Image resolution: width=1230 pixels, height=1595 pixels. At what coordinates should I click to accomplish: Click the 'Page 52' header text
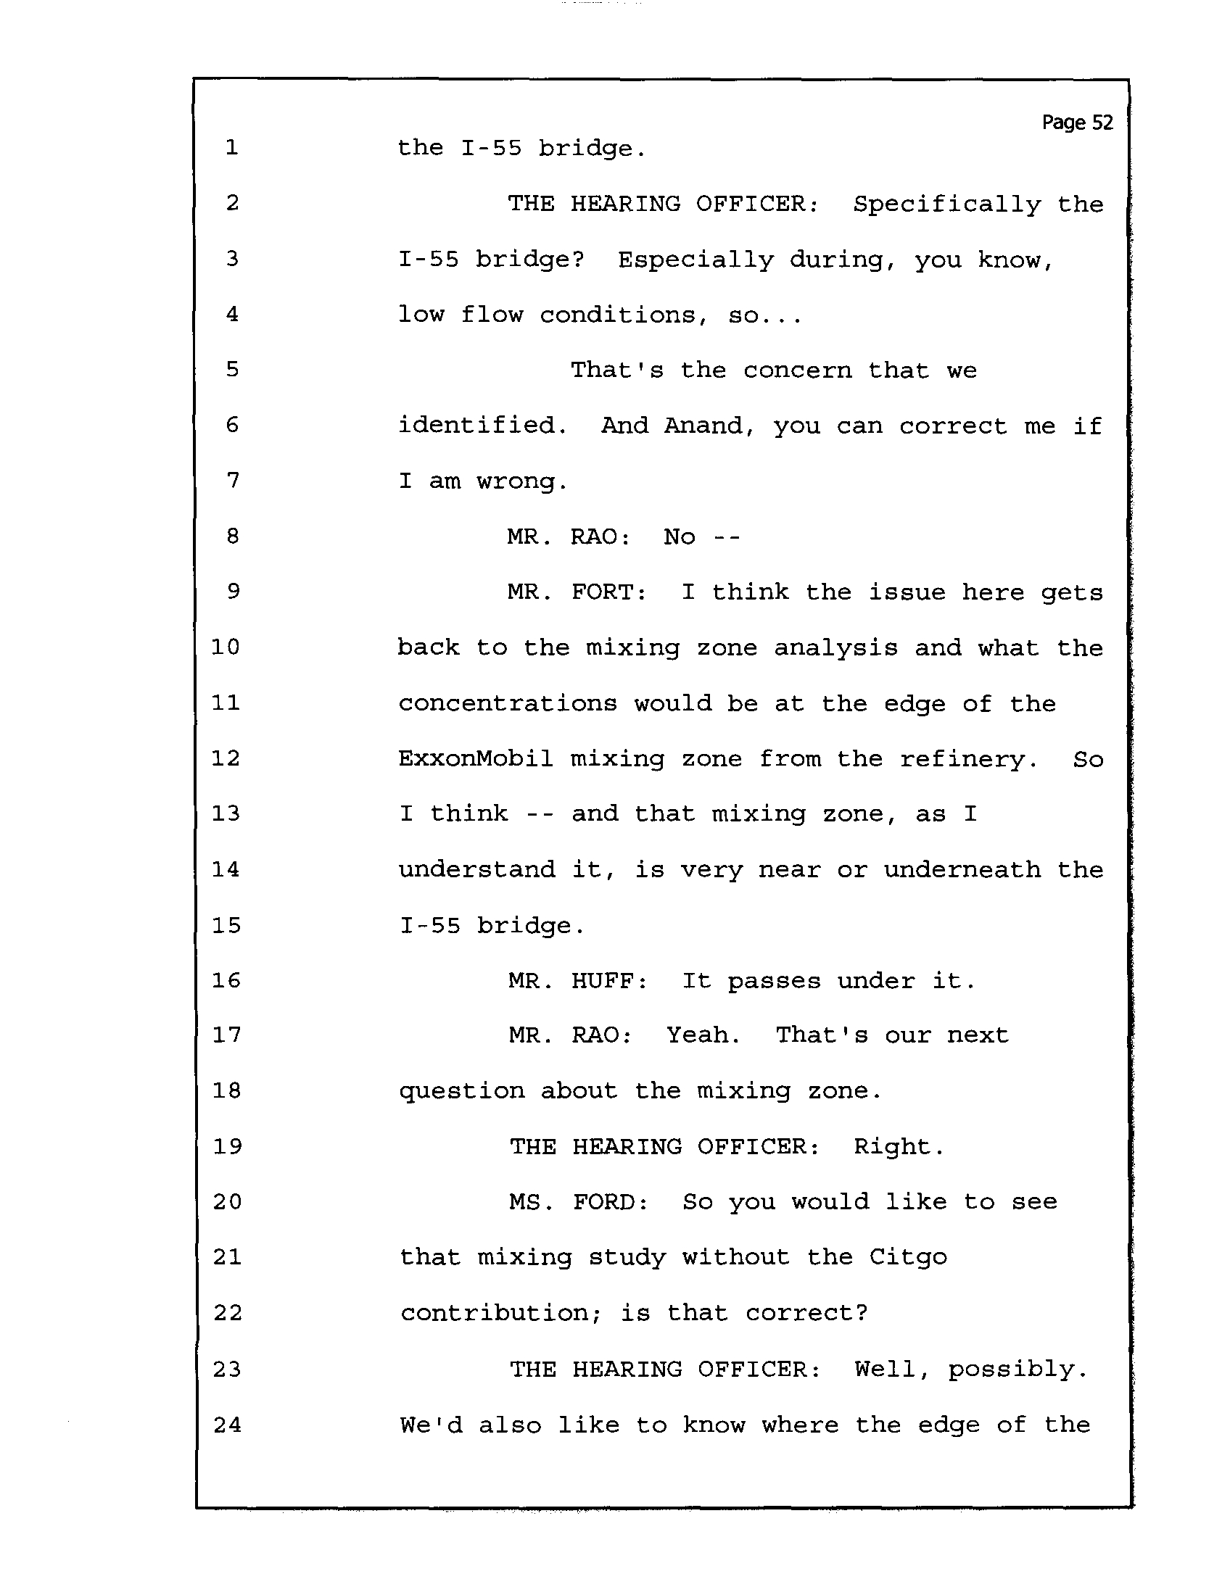point(1078,123)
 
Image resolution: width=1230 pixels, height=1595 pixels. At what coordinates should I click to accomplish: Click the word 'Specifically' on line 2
point(947,204)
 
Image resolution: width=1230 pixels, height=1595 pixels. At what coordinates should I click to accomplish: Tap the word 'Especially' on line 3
point(696,260)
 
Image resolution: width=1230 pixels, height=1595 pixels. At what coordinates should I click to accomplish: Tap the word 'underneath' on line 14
point(962,869)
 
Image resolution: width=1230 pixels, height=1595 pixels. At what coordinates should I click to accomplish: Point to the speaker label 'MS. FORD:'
point(579,1201)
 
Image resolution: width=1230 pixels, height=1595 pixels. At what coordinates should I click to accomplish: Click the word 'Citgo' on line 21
point(908,1258)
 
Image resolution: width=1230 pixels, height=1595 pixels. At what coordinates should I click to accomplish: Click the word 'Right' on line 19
point(895,1148)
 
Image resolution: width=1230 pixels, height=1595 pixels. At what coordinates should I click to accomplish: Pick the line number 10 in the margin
point(225,647)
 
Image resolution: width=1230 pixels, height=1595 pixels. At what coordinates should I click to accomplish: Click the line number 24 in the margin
point(227,1424)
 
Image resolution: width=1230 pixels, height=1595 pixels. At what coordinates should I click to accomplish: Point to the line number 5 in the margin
point(232,369)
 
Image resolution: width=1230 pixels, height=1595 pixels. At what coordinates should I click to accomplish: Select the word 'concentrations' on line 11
point(508,704)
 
